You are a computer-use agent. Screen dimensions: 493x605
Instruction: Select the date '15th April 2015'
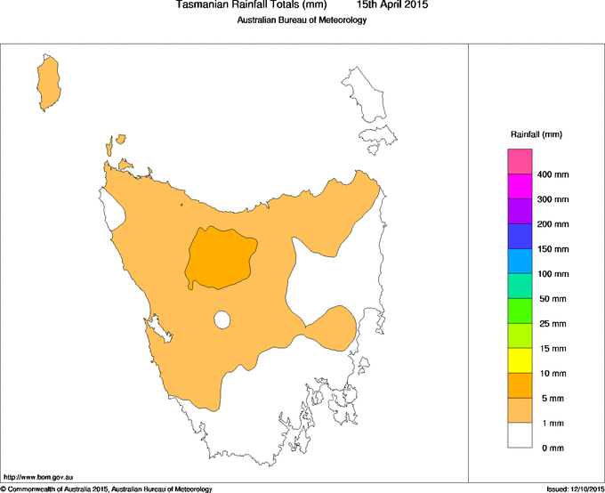[392, 5]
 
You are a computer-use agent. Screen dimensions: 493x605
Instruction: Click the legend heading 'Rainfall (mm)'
[536, 134]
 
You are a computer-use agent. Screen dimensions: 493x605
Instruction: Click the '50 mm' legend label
[553, 299]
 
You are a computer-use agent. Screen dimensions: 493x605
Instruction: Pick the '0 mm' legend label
[553, 448]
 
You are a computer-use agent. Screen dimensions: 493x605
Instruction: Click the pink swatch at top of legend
[520, 161]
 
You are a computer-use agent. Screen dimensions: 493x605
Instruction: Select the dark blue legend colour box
[520, 236]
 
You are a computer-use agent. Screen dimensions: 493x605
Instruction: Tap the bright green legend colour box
[520, 311]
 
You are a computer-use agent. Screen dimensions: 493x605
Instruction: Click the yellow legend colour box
[520, 360]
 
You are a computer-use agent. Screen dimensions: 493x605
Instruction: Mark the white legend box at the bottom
[520, 435]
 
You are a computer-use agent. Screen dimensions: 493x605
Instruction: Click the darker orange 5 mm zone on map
[220, 259]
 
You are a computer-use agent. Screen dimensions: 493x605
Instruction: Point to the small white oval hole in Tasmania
[222, 319]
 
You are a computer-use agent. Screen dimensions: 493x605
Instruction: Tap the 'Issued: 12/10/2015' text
[573, 489]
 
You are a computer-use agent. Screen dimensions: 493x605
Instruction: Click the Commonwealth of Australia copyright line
[107, 489]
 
